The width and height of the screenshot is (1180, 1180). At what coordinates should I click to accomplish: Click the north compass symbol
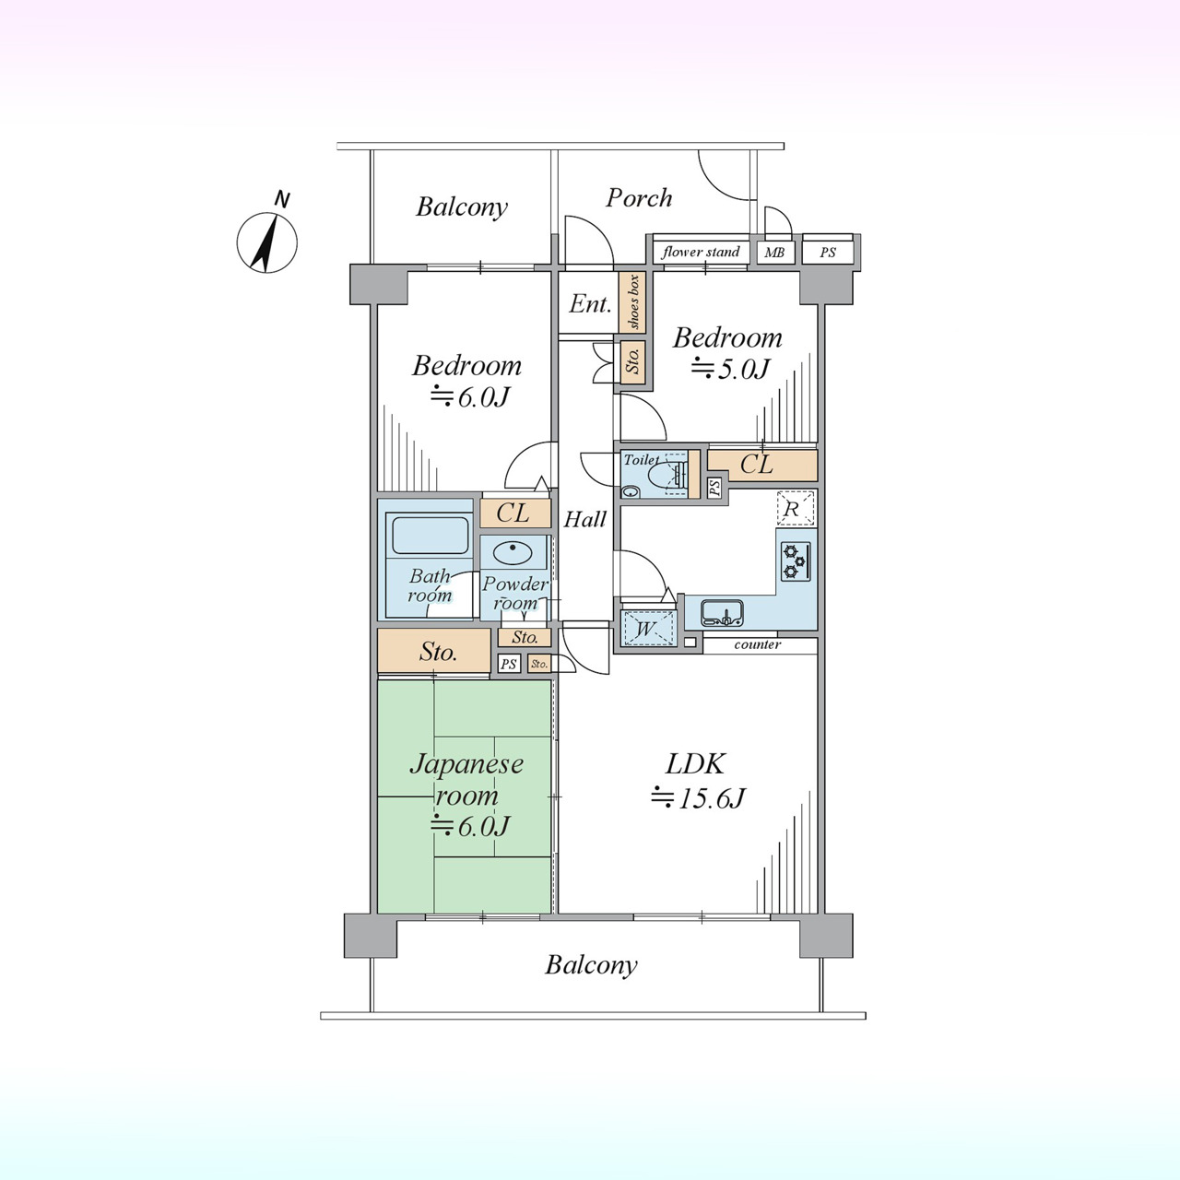[x=267, y=240]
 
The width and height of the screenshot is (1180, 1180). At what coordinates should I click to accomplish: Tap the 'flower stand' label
[x=701, y=252]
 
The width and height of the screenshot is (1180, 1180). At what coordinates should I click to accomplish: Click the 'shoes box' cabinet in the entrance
[x=632, y=301]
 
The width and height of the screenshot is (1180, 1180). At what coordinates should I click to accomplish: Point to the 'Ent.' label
[x=590, y=303]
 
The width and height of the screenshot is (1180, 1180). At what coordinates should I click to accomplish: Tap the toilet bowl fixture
[x=667, y=475]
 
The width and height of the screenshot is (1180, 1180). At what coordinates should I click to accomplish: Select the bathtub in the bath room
[x=430, y=536]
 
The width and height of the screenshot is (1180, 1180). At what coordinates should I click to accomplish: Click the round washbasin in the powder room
[x=513, y=553]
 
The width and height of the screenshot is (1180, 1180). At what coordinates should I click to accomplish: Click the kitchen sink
[x=723, y=614]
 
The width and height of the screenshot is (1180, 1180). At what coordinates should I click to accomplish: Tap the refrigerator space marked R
[x=796, y=508]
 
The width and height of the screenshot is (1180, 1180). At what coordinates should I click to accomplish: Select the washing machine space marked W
[x=646, y=629]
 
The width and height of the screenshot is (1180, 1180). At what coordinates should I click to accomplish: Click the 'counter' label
[x=758, y=644]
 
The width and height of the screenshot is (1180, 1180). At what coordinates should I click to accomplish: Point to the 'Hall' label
[x=584, y=520]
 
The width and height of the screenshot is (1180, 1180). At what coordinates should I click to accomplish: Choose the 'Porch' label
[x=639, y=198]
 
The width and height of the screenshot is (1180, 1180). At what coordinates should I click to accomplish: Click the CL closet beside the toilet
[x=762, y=466]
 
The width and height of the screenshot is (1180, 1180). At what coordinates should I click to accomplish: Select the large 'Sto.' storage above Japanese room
[x=434, y=651]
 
